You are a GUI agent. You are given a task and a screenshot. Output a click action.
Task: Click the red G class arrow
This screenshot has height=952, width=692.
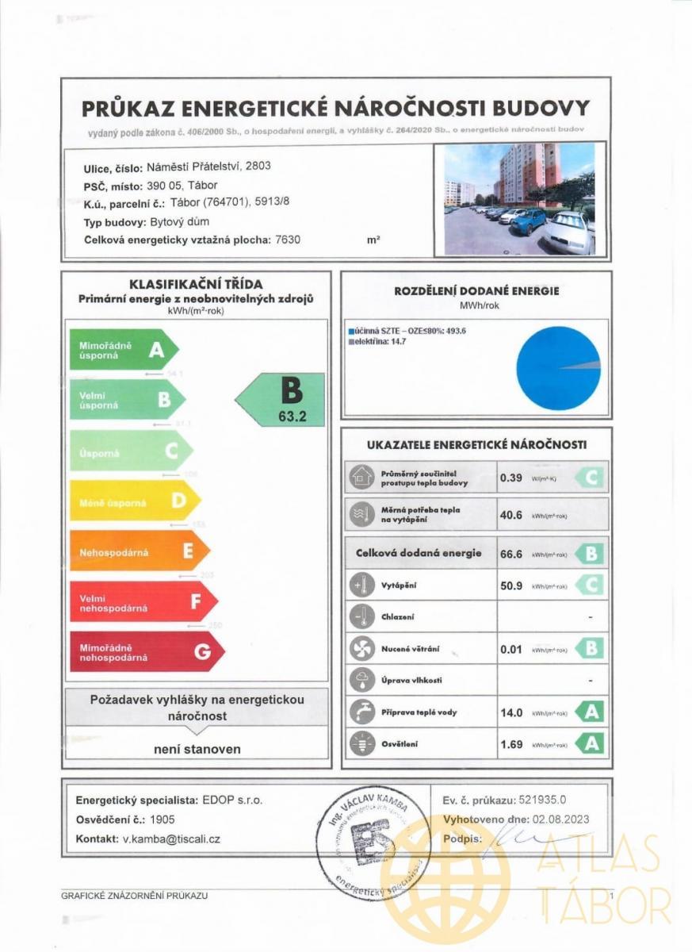(147, 652)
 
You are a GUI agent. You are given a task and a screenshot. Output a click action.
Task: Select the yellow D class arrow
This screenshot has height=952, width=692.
(135, 501)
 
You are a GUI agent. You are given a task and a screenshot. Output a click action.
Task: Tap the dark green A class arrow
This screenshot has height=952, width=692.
(124, 350)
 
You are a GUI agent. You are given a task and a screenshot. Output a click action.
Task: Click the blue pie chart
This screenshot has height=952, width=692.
(558, 368)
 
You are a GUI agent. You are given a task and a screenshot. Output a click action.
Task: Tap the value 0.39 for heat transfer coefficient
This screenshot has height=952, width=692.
(510, 478)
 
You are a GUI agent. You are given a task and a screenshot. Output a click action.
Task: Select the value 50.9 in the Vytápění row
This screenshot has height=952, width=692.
(511, 586)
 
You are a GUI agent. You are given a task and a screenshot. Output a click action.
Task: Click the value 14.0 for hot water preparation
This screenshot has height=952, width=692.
(511, 712)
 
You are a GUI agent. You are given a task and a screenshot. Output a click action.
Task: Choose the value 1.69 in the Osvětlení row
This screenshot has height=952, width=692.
(511, 744)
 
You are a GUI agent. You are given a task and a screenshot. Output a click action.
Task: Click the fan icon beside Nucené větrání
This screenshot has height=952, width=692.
(361, 649)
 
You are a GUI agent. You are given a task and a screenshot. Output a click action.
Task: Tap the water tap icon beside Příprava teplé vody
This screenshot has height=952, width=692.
(361, 712)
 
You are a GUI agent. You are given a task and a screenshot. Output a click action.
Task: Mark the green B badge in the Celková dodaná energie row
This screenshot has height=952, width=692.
(589, 554)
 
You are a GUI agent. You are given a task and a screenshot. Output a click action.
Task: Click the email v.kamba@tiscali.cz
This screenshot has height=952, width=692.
(171, 839)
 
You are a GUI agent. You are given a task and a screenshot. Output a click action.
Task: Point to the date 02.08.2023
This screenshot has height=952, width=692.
(550, 820)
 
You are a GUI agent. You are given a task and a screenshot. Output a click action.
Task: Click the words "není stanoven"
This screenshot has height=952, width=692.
(197, 749)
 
